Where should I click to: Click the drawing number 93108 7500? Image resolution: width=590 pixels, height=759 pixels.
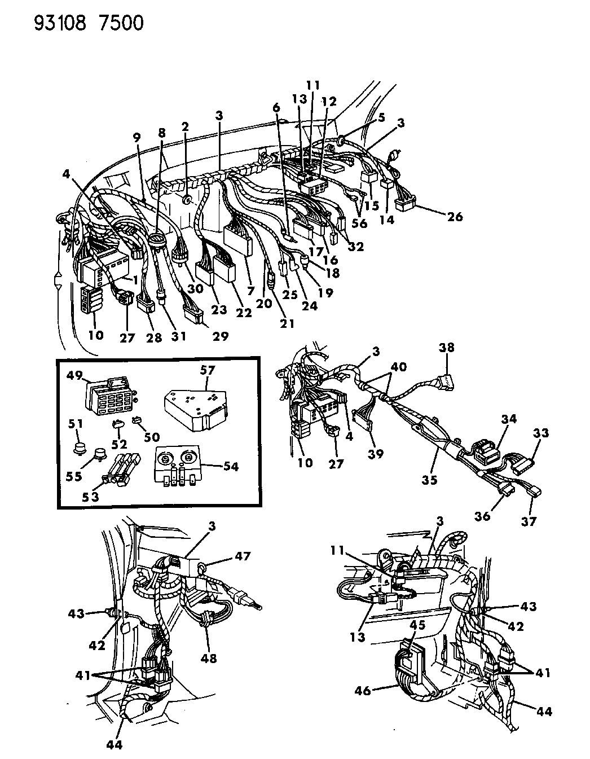(89, 24)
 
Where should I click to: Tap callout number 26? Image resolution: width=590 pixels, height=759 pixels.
(454, 217)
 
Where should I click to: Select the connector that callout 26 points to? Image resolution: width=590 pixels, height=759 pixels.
(405, 203)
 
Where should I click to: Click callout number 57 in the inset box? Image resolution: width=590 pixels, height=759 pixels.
(207, 370)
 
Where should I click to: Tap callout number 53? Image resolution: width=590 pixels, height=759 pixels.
(90, 497)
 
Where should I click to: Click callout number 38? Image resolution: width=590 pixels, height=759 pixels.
(447, 347)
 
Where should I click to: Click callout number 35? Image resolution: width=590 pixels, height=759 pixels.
(429, 480)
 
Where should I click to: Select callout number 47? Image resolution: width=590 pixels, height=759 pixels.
(243, 556)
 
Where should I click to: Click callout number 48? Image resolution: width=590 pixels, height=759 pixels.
(209, 659)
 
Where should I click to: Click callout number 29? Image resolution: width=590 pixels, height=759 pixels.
(221, 336)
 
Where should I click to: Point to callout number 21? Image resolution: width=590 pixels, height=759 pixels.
(287, 324)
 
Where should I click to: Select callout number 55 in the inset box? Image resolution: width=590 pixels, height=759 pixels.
(74, 476)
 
